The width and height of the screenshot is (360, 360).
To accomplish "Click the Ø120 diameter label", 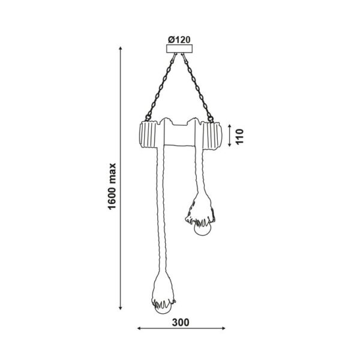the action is click(179, 40).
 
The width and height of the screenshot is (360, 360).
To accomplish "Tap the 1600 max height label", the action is click(112, 187).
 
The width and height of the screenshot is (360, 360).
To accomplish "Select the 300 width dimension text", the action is click(181, 323).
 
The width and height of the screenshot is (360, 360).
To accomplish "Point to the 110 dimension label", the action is click(239, 137).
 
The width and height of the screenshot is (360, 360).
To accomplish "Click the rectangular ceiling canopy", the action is click(179, 49).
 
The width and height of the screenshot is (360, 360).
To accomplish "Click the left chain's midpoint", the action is click(161, 87).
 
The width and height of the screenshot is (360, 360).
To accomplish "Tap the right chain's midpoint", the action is click(197, 87).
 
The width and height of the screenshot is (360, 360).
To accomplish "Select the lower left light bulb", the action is click(163, 308).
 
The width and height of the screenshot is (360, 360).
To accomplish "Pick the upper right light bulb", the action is click(203, 229).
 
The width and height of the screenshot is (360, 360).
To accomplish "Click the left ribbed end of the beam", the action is click(148, 135).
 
